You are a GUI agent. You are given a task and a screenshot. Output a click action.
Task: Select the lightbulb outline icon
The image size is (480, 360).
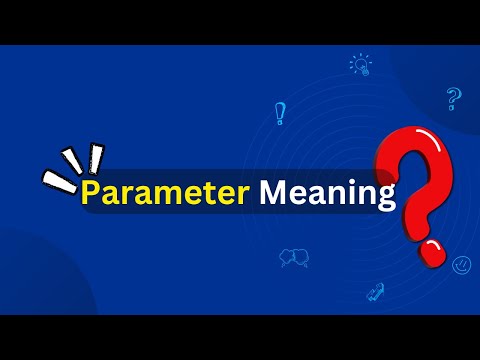click(360, 65)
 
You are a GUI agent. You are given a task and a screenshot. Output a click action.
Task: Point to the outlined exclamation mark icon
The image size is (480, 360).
click(280, 113)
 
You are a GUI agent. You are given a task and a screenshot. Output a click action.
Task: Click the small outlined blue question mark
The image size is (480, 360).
click(453, 98)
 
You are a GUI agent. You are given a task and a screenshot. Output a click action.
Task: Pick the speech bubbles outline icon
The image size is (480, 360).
click(294, 258)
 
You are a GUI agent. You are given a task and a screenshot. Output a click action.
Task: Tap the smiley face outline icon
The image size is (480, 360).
click(461, 265)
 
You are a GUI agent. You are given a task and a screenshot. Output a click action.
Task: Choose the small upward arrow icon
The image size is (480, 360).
click(377, 291)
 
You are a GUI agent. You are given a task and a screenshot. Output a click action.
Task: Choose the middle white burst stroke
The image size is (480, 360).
click(72, 161)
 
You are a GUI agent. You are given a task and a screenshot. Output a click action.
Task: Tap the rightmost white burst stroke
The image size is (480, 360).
click(96, 156)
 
